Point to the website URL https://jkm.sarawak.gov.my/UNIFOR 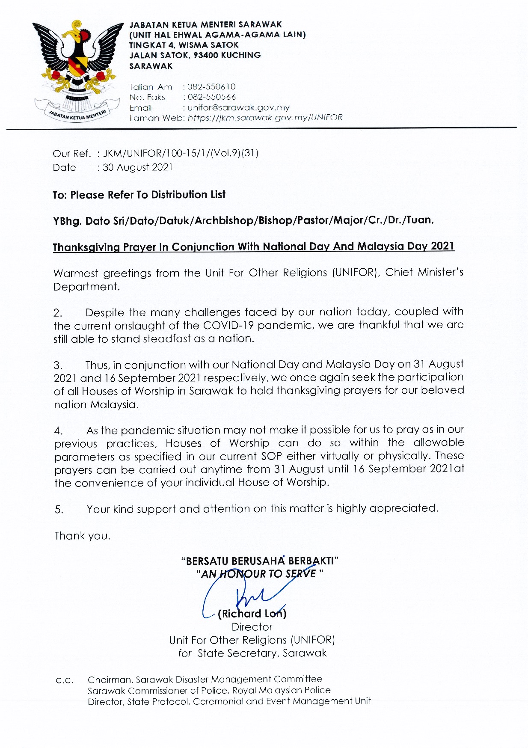pos(265,118)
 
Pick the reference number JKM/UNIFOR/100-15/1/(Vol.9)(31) pos(181,153)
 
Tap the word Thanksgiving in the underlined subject pos(86,247)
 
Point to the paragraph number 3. pos(58,365)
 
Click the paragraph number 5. pos(59,510)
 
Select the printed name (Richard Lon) pos(252,614)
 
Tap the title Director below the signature pos(252,627)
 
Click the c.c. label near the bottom pos(65,680)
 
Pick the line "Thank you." pos(82,536)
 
